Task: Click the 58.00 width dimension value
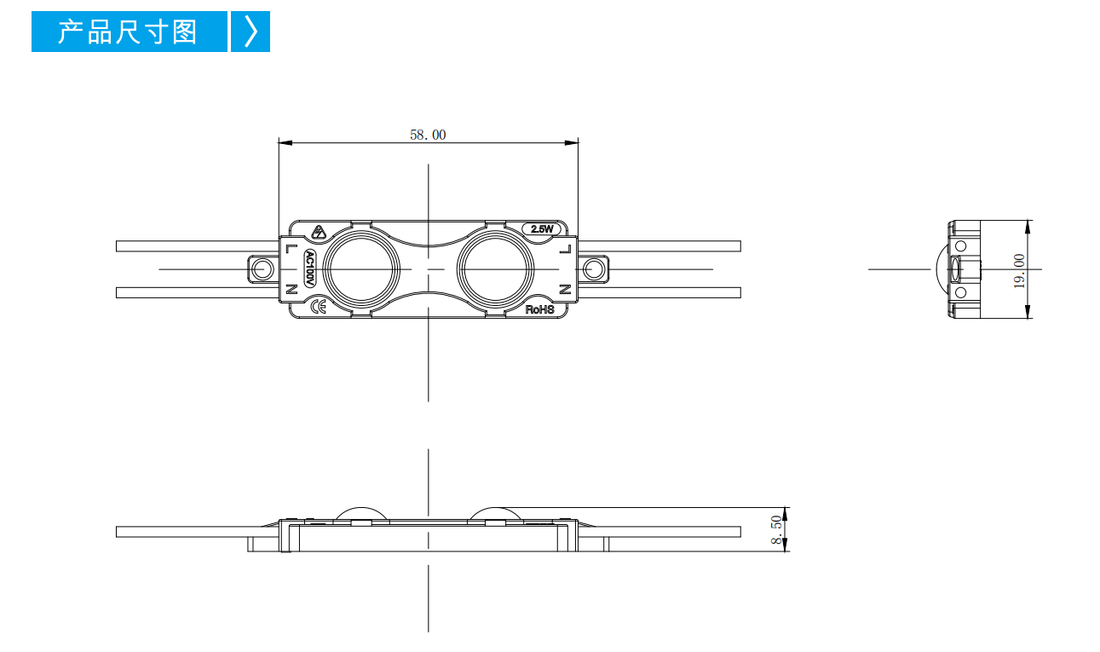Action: [x=428, y=135]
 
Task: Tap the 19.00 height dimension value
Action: [x=1019, y=271]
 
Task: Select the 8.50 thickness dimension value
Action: [x=776, y=529]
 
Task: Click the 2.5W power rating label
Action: [x=542, y=229]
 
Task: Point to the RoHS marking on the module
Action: [x=539, y=309]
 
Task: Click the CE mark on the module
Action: [x=318, y=307]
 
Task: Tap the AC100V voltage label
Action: [x=309, y=268]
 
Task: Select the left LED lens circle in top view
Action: [x=361, y=269]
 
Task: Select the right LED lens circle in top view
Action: [x=496, y=269]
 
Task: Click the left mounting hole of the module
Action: [x=262, y=269]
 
